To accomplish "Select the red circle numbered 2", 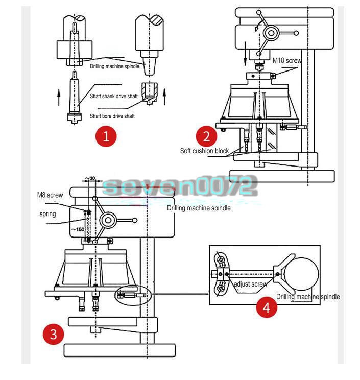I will click(206, 136).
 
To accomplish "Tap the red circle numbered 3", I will click(54, 335).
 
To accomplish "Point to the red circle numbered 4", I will click(266, 307).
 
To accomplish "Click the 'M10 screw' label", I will click(287, 60).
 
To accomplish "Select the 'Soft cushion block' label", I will click(204, 151).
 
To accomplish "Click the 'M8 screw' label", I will click(50, 195).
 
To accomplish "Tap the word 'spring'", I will click(47, 214).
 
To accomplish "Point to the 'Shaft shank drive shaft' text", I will click(113, 97).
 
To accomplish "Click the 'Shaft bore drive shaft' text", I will click(112, 116).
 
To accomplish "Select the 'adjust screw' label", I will click(250, 284).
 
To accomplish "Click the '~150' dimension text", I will click(77, 229).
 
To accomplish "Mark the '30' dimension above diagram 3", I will click(92, 178).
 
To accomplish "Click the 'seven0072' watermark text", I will click(179, 186).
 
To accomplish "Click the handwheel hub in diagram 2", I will click(271, 34).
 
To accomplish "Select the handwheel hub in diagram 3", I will click(109, 221).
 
